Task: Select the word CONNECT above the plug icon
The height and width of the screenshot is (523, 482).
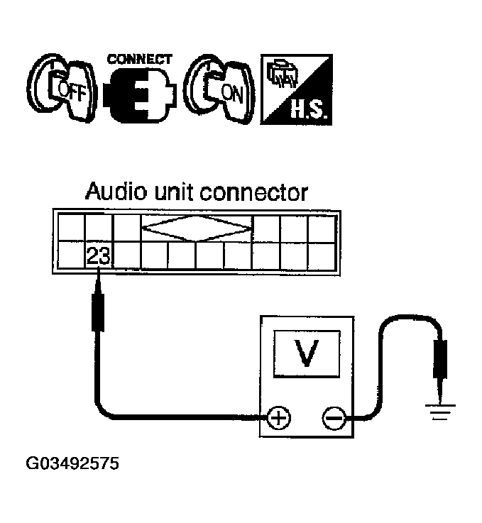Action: (x=138, y=58)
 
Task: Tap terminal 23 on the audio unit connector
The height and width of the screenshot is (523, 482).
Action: (x=97, y=256)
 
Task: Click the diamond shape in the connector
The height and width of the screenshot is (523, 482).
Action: (x=197, y=228)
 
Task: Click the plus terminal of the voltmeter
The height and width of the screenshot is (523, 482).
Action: (x=278, y=418)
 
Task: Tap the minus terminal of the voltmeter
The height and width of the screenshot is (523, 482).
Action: (x=333, y=418)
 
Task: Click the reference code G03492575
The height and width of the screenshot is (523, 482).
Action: (x=72, y=466)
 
